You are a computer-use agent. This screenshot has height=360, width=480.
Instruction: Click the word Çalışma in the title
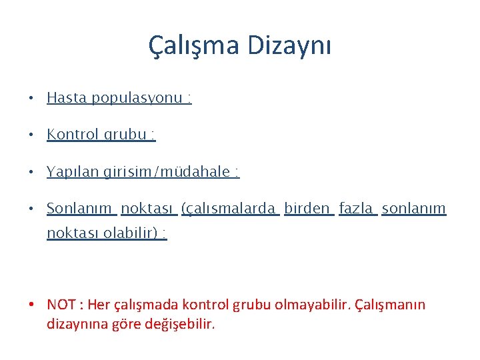[193, 46]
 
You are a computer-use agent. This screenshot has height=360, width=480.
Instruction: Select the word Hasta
[67, 98]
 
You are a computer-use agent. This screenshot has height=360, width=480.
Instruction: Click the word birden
[307, 209]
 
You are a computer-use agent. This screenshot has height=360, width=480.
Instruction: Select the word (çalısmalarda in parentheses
[230, 209]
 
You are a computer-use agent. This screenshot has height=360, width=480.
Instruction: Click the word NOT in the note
[61, 305]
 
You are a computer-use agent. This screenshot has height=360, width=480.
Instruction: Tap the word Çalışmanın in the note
[390, 305]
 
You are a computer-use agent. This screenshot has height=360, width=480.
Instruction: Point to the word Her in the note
[98, 305]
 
